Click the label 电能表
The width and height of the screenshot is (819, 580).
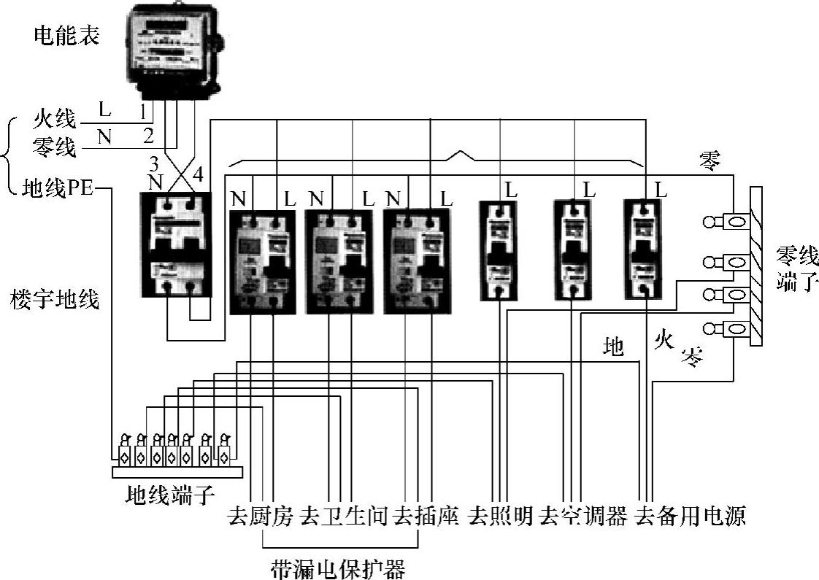pyautogui.click(x=66, y=34)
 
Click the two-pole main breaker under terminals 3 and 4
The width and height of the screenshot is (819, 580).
pyautogui.click(x=175, y=245)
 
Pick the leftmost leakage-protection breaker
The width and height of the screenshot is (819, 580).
pyautogui.click(x=261, y=260)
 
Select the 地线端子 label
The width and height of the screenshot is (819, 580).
pyautogui.click(x=171, y=496)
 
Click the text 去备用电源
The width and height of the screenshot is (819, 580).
pyautogui.click(x=690, y=517)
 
